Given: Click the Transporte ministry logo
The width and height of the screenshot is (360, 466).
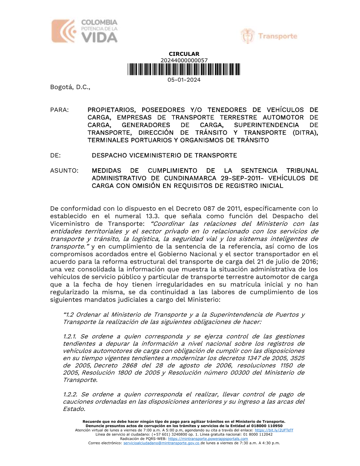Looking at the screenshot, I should coord(269,36).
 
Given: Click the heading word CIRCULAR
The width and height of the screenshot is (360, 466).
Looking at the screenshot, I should coord(184,54).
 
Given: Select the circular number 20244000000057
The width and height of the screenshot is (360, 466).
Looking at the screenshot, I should coord(184,61).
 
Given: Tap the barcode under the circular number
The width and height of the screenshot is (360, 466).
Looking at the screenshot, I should coord(184,70).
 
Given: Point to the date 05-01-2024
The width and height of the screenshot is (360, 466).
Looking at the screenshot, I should coord(184,80).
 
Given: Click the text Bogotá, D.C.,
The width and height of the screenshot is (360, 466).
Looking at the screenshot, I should coord(70,87).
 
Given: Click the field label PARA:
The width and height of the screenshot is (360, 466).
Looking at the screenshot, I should coord(59,110).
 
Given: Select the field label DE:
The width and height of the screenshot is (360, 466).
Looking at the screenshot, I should coord(55,156).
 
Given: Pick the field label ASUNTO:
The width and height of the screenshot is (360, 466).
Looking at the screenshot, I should coord(64,171).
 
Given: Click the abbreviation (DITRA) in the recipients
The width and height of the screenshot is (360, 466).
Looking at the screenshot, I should coord(305,133).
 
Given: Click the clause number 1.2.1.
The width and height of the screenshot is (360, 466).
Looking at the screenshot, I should coord(69,336).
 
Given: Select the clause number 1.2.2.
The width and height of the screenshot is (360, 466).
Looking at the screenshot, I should coord(70,394).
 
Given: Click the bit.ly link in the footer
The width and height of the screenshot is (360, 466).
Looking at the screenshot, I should coord(274,430).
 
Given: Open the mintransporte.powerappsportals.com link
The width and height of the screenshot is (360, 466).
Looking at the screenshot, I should coord(208,439).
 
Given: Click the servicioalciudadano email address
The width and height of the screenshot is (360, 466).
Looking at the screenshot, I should coord(161,443).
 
